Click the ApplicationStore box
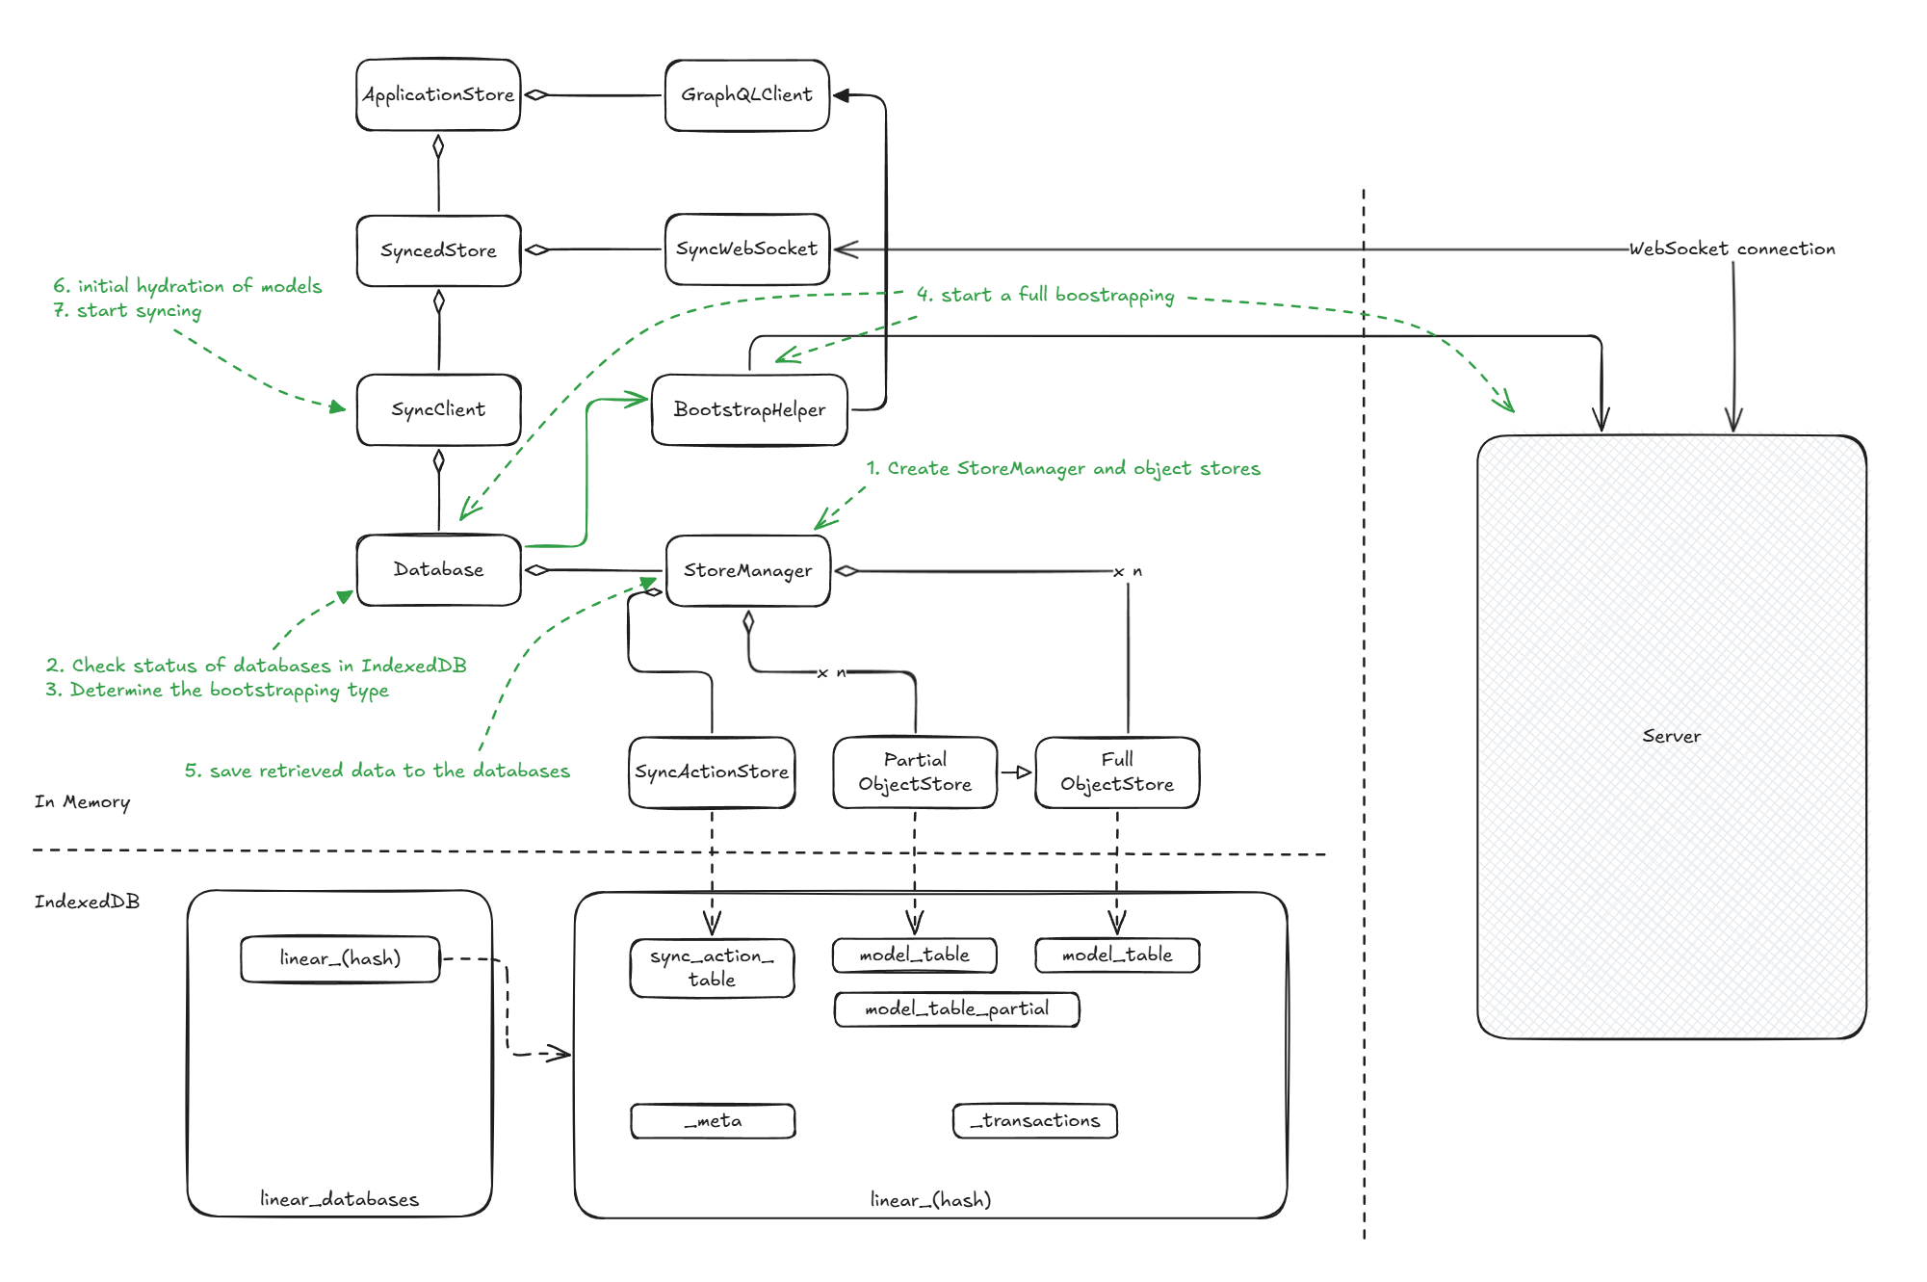click(x=438, y=94)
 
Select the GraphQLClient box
click(x=746, y=94)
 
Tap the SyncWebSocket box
click(x=746, y=249)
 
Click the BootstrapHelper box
click(x=749, y=409)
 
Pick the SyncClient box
click(x=438, y=409)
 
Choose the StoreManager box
click(x=747, y=570)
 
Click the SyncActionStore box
click(x=712, y=772)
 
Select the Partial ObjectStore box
click(x=914, y=772)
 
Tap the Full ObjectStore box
click(x=1117, y=772)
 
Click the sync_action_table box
click(x=712, y=967)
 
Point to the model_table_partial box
click(x=956, y=1008)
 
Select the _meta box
click(x=713, y=1120)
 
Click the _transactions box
click(x=1035, y=1120)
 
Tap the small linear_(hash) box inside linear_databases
click(x=340, y=958)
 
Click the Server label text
click(x=1671, y=736)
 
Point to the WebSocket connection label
click(x=1732, y=249)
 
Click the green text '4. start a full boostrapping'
click(x=1045, y=295)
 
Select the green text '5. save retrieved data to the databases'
click(x=377, y=771)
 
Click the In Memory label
click(x=82, y=801)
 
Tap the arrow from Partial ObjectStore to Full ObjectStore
click(x=1016, y=772)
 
